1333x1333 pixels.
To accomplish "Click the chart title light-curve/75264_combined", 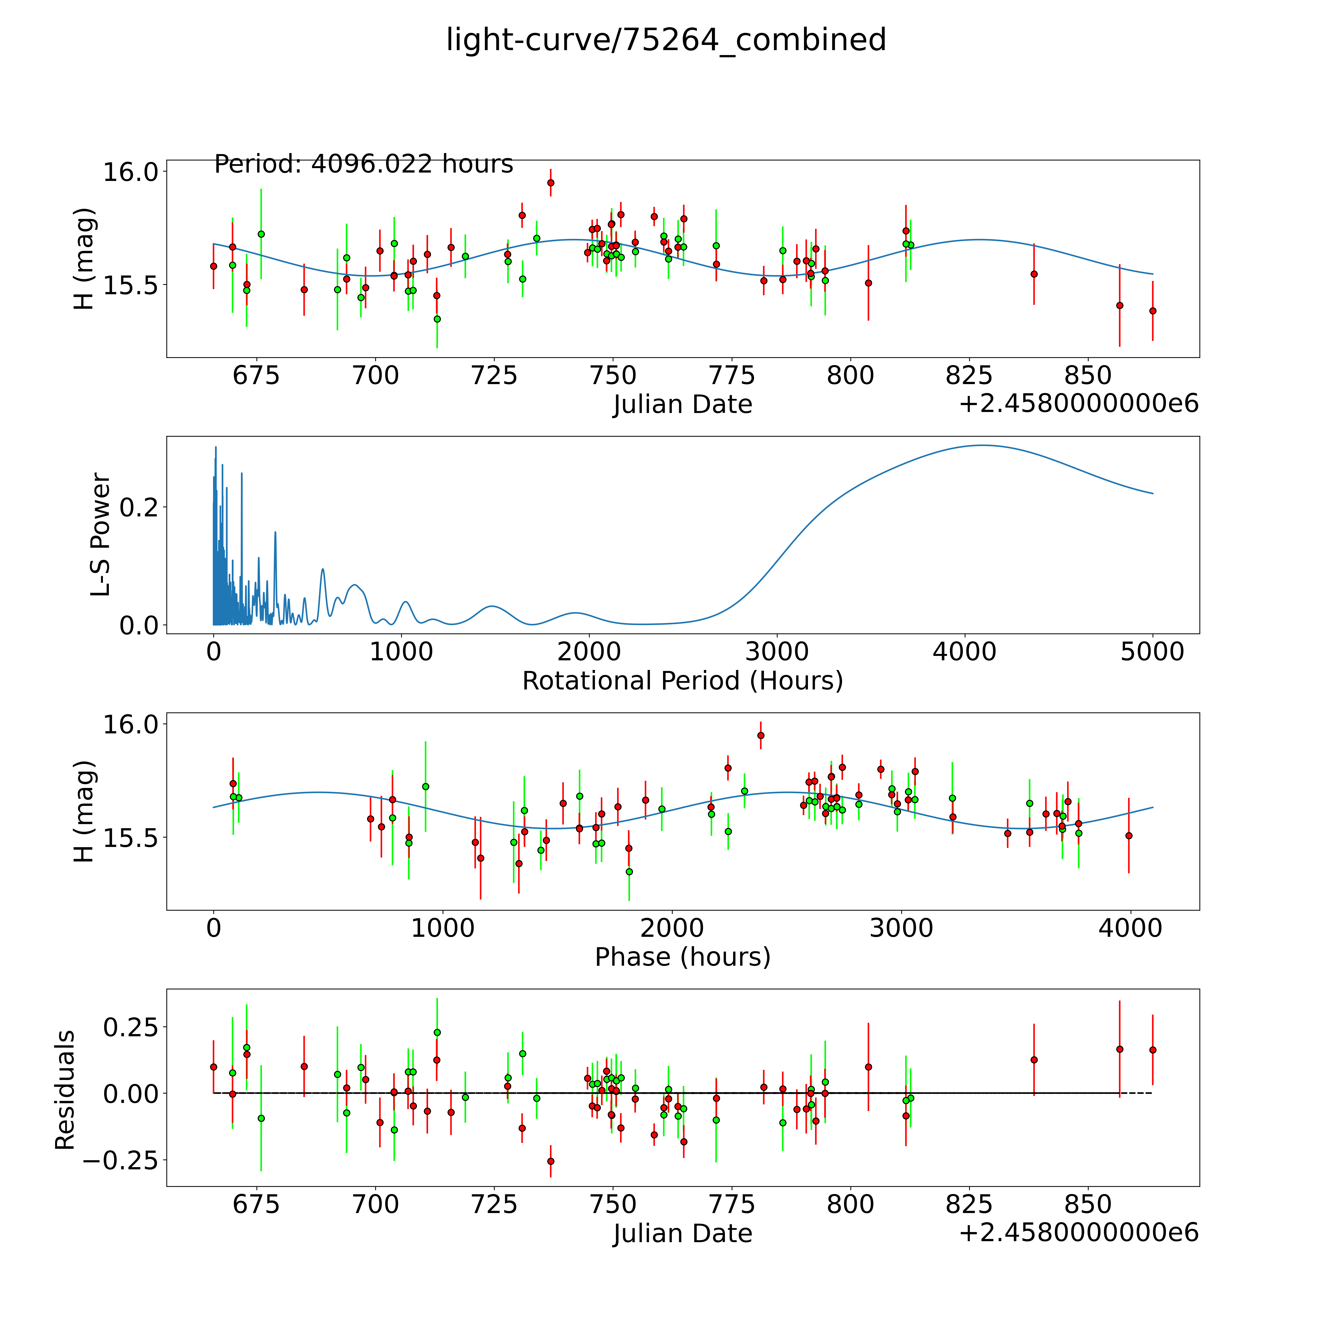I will click(x=666, y=40).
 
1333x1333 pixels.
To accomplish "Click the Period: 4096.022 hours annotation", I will click(x=364, y=164).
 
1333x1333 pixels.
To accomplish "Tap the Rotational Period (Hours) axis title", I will click(x=682, y=681).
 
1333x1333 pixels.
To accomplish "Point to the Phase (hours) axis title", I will click(x=682, y=957).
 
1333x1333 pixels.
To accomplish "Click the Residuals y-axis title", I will click(x=65, y=1090).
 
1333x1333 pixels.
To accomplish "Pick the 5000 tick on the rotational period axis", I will click(x=1152, y=652).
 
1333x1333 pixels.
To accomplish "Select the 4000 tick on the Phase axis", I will click(x=1130, y=928).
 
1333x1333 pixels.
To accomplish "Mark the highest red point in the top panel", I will click(x=550, y=183).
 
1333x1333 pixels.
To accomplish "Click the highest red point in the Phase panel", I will click(x=760, y=736).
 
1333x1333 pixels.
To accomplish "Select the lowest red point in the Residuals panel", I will click(x=550, y=1161).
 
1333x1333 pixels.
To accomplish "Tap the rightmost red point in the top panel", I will click(x=1152, y=311).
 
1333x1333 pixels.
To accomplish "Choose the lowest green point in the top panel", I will click(x=437, y=319).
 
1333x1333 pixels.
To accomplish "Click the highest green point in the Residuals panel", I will click(x=437, y=1032).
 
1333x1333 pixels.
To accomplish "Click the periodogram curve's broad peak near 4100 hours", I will click(x=982, y=446).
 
